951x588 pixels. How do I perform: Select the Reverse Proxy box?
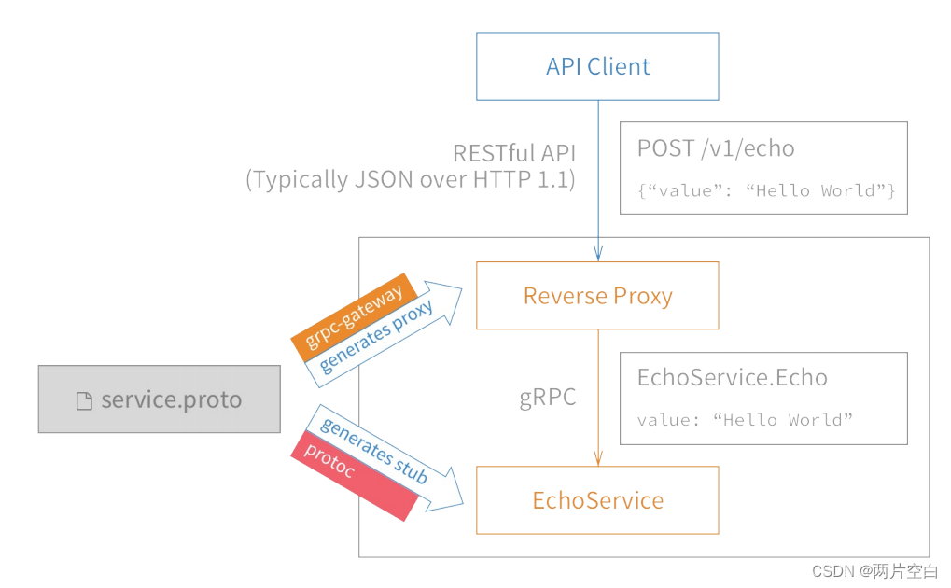click(x=597, y=296)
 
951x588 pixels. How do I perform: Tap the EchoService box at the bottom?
click(x=597, y=500)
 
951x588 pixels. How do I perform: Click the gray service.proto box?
click(x=159, y=399)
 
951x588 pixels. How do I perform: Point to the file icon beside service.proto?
click(x=84, y=401)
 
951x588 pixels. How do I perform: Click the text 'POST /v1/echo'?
click(x=716, y=148)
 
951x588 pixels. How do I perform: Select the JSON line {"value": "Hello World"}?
click(x=766, y=190)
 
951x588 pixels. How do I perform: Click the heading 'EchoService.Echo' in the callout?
click(x=732, y=377)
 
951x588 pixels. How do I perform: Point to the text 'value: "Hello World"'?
click(x=745, y=419)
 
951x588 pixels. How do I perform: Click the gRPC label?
click(x=548, y=398)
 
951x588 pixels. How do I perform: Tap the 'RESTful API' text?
click(x=513, y=153)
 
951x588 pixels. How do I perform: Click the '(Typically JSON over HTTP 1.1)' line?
click(x=411, y=179)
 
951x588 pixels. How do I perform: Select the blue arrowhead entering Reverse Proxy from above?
click(x=598, y=254)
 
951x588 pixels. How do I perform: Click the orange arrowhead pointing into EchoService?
click(x=598, y=458)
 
